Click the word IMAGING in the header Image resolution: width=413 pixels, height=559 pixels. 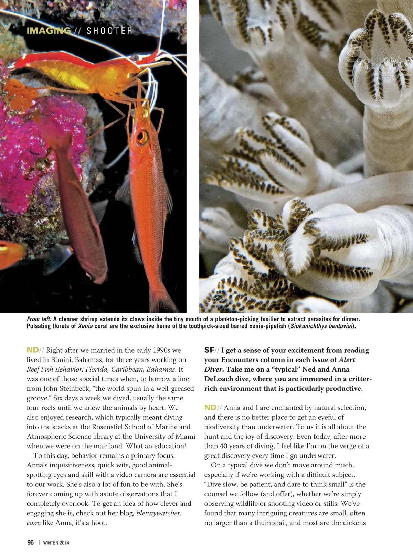[x=49, y=31]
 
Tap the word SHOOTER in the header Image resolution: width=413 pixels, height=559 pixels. [x=109, y=31]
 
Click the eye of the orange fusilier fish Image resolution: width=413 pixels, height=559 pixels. [x=141, y=137]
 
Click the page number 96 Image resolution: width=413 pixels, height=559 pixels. [x=30, y=542]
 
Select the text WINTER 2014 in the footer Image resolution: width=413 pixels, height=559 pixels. [x=56, y=543]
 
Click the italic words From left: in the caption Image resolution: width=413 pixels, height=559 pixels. [x=39, y=319]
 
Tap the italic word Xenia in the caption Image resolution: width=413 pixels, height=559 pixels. [x=85, y=326]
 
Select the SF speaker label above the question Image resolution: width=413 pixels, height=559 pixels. [x=209, y=350]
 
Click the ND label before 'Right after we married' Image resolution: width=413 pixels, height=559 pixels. [x=33, y=350]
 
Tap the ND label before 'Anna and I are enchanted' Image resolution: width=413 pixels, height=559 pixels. [x=210, y=408]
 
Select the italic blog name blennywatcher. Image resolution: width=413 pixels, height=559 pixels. [x=159, y=513]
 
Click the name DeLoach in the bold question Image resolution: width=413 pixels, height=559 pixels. [x=219, y=379]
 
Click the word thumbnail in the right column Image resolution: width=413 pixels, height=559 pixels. [x=271, y=523]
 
